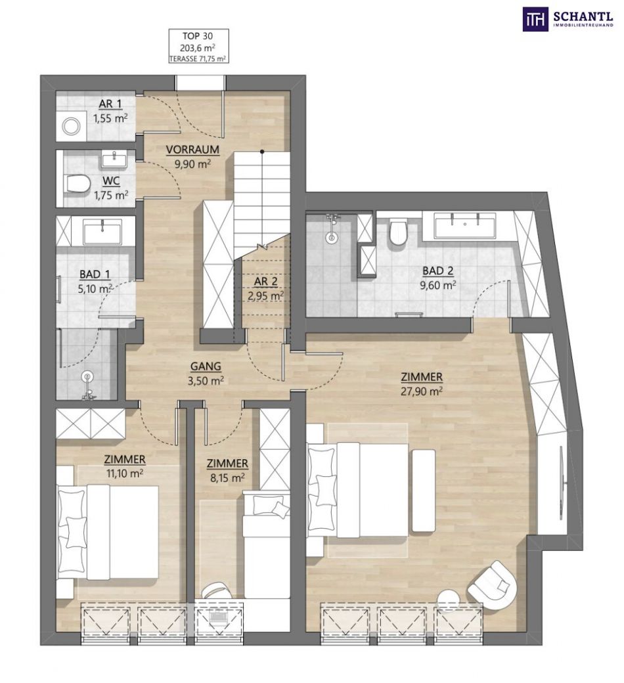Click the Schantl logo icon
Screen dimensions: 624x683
click(x=535, y=19)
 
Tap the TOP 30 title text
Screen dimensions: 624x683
click(x=199, y=35)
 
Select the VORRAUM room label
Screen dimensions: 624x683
click(x=192, y=150)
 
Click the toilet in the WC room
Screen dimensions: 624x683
click(x=76, y=183)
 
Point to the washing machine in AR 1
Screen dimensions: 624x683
click(x=71, y=126)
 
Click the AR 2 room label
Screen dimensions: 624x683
click(x=265, y=281)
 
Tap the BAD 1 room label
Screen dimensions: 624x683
click(x=95, y=275)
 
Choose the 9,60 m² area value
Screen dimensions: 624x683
click(x=438, y=285)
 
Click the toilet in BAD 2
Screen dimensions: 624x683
click(x=398, y=232)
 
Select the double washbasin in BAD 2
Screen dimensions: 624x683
click(x=465, y=225)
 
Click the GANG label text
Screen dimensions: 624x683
click(x=205, y=366)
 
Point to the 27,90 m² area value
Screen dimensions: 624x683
click(x=422, y=391)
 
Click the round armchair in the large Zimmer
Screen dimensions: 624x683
click(x=491, y=585)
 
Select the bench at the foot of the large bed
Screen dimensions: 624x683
click(x=423, y=491)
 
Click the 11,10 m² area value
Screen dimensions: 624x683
click(x=125, y=474)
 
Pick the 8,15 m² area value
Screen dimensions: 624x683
click(x=227, y=478)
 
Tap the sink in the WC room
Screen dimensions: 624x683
click(x=115, y=159)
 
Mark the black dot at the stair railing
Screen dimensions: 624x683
click(x=262, y=152)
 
